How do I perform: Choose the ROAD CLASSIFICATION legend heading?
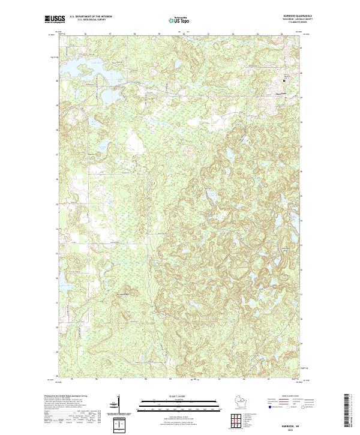tap(286, 397)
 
